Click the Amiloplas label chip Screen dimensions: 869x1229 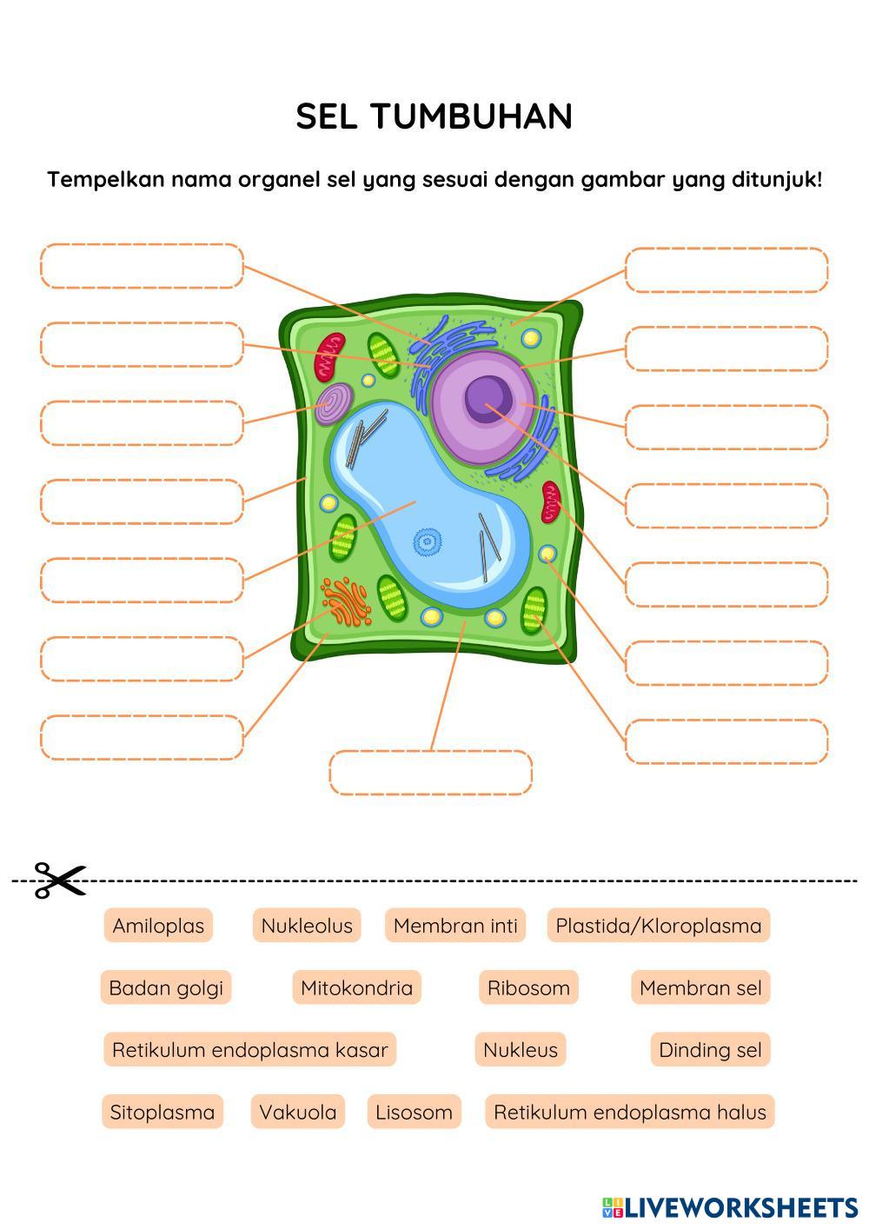pos(158,926)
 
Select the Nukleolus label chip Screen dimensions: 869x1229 pos(307,926)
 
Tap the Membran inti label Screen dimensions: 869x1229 pos(455,926)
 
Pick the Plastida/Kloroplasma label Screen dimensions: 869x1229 pos(658,926)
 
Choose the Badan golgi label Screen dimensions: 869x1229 pos(166,987)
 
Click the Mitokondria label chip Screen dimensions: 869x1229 pos(356,987)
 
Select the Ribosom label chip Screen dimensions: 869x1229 pos(528,987)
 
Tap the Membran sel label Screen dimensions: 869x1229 pos(700,987)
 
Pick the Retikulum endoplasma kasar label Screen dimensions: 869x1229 pos(250,1049)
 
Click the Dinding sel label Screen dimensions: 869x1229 pos(710,1049)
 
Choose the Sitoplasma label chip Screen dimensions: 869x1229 pos(163,1112)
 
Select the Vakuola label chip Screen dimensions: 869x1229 pos(298,1112)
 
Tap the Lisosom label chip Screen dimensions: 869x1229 pos(414,1112)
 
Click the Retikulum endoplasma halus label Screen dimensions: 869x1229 pos(630,1112)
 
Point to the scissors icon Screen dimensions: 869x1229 pos(59,880)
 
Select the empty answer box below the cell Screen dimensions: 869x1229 pos(430,773)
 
